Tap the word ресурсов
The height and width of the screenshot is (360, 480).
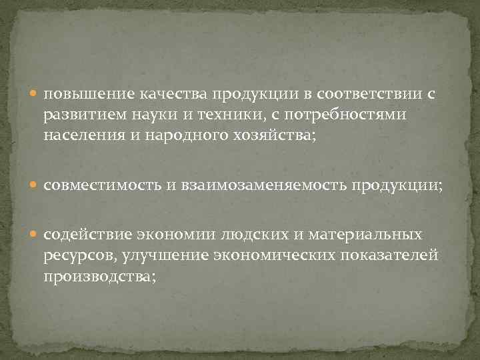[x=77, y=255]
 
